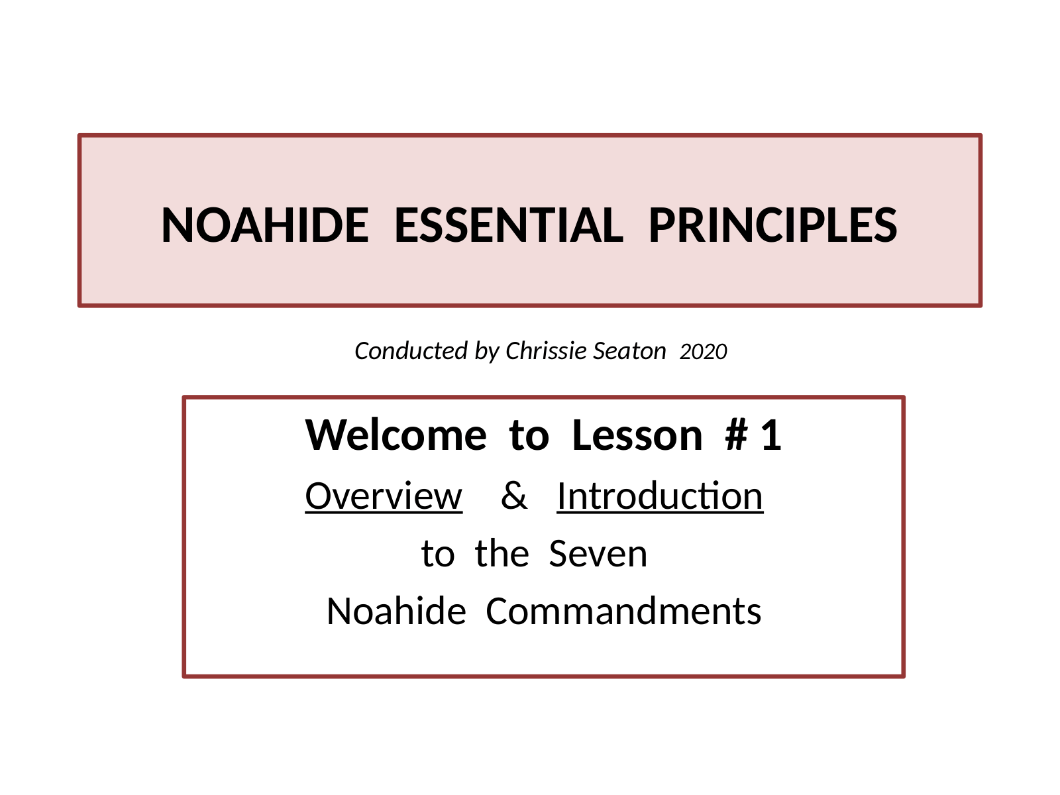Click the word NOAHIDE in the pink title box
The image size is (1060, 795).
(x=264, y=225)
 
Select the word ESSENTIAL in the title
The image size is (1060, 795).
(x=509, y=225)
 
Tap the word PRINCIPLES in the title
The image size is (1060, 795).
(x=772, y=225)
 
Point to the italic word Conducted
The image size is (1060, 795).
(x=411, y=351)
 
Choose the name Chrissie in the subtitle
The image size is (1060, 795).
(x=546, y=351)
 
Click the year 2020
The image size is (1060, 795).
(x=703, y=351)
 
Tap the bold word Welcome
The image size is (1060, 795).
(x=396, y=435)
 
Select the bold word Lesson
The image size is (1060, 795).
(x=637, y=435)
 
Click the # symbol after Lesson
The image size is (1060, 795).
(x=737, y=435)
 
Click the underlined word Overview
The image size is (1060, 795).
(x=384, y=496)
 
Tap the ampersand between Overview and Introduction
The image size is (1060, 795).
(x=514, y=496)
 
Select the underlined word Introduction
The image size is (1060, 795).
(x=660, y=496)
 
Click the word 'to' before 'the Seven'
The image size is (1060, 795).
(x=438, y=554)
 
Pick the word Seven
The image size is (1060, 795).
(x=598, y=554)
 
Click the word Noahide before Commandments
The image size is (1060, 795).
(x=396, y=611)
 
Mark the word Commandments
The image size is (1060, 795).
(x=623, y=611)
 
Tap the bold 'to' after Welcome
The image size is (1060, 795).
(x=529, y=436)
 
